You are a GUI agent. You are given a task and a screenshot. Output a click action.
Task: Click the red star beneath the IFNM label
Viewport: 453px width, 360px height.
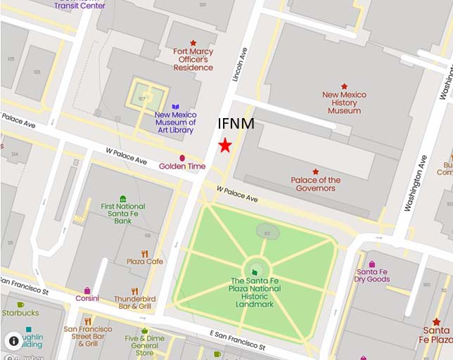coord(224,146)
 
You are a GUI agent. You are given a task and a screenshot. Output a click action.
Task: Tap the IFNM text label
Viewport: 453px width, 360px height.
coord(236,124)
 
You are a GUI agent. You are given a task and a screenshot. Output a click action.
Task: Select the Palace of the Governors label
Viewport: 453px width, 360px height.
coord(315,184)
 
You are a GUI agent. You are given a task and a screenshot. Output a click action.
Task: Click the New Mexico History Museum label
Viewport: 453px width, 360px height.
coord(344,103)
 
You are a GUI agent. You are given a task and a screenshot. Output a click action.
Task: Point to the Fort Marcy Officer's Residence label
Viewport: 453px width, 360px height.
coord(193,59)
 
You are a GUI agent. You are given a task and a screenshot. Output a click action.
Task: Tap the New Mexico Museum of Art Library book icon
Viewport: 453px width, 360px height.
coord(176,107)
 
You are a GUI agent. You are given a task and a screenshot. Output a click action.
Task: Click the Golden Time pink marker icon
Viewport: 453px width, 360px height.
coord(182,158)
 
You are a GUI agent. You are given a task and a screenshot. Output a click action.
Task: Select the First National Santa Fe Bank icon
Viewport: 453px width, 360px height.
coord(123,199)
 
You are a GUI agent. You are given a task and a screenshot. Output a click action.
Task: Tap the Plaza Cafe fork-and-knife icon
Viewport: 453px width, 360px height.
coord(144,254)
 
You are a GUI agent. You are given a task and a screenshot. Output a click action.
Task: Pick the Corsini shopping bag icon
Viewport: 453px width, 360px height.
coord(88,290)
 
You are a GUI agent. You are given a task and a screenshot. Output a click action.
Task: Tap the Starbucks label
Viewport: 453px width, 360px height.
coord(20,313)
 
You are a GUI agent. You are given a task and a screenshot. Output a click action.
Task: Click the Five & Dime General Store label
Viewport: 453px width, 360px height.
coord(144,344)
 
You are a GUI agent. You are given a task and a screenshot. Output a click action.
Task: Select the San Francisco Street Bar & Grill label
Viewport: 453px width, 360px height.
coord(87,336)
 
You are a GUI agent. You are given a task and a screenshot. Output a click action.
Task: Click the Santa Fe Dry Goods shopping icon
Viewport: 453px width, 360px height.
coord(372,264)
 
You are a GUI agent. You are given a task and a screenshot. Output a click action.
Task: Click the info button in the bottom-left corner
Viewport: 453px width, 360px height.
coord(13,341)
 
